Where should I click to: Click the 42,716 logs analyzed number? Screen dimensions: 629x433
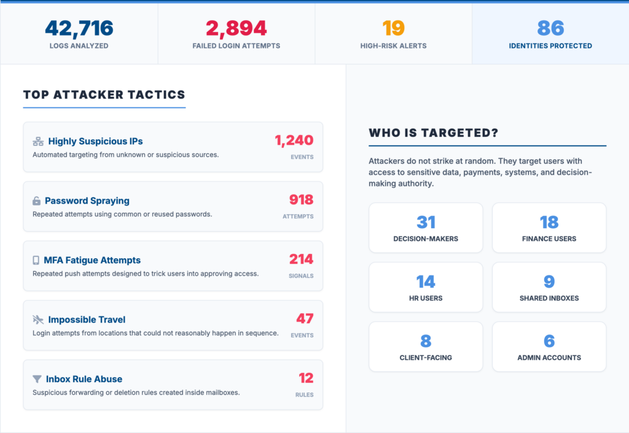click(x=79, y=28)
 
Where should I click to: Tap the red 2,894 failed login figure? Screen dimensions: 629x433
click(x=236, y=28)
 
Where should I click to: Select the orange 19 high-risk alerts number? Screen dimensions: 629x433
click(x=393, y=28)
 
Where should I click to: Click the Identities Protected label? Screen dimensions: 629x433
click(x=550, y=45)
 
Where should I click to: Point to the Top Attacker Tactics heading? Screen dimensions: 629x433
click(x=104, y=94)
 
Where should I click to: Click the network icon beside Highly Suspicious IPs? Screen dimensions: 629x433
click(x=38, y=142)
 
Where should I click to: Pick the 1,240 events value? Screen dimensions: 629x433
click(x=294, y=140)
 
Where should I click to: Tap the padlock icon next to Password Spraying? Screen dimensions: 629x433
click(x=36, y=201)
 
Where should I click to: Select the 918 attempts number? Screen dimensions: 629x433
click(x=301, y=199)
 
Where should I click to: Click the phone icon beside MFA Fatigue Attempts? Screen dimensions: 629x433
click(x=36, y=261)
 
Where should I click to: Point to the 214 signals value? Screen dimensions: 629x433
click(x=301, y=259)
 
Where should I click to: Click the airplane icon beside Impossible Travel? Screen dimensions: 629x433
click(x=38, y=320)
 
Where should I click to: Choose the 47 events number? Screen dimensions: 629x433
click(x=305, y=318)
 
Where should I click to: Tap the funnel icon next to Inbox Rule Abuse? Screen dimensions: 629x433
click(x=37, y=379)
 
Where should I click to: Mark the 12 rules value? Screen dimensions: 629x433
click(x=306, y=378)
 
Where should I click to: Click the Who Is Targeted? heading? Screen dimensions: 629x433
click(x=434, y=132)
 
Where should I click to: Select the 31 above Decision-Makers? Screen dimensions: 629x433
click(x=426, y=222)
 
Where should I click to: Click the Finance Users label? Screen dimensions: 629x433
click(x=549, y=239)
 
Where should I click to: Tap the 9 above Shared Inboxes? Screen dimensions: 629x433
click(x=549, y=282)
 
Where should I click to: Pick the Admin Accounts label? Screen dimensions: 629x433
click(x=549, y=358)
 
